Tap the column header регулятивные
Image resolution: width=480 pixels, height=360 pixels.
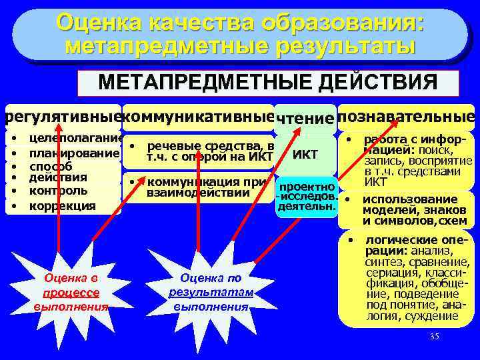click(x=61, y=117)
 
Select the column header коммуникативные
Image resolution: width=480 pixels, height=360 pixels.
click(x=199, y=117)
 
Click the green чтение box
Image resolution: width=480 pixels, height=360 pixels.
click(x=305, y=119)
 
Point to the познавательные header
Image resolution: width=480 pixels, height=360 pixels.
click(x=406, y=117)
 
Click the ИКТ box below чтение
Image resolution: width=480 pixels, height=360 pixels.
click(x=305, y=155)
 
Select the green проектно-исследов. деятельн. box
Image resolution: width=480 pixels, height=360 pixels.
click(x=307, y=196)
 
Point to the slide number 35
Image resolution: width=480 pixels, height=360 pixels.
click(x=434, y=336)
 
